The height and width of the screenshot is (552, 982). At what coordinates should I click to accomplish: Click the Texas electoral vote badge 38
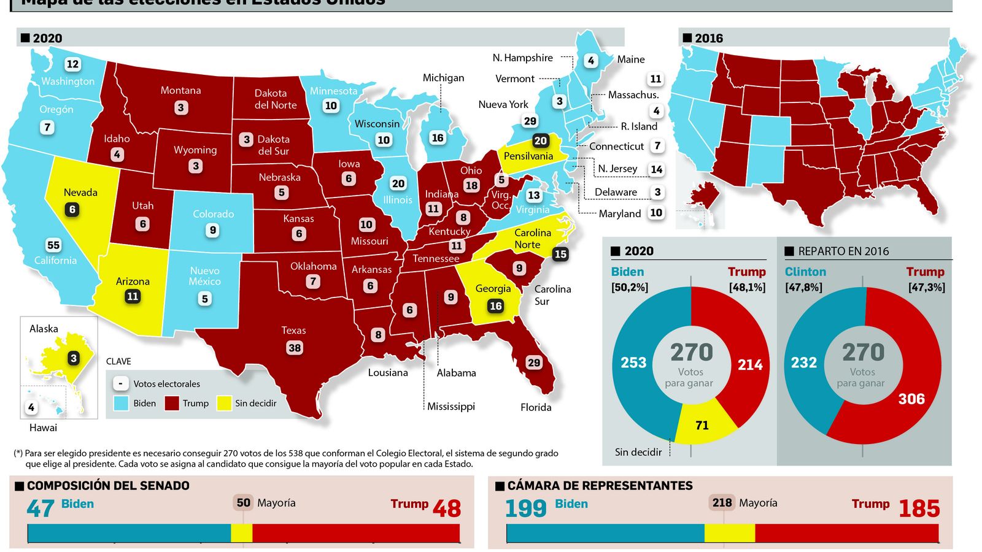[295, 348]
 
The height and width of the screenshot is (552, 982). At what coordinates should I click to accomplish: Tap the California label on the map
[55, 260]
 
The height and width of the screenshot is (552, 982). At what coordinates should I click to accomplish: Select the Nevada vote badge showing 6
[72, 209]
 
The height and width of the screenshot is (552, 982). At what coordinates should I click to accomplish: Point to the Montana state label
[180, 90]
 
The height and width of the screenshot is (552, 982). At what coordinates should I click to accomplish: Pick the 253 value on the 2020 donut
[633, 362]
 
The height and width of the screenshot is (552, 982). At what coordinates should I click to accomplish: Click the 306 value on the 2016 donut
[911, 399]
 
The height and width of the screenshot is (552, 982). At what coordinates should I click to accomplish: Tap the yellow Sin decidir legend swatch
[225, 403]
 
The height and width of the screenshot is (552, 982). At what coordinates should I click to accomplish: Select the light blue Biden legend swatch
[122, 403]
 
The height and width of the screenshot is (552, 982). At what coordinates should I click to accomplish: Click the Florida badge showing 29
[534, 362]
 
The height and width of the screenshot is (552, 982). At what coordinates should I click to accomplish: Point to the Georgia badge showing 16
[495, 305]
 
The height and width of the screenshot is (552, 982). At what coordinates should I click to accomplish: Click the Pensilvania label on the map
[528, 156]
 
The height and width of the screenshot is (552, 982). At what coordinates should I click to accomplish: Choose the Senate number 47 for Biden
[41, 508]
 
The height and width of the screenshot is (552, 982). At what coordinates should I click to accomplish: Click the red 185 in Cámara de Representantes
[919, 508]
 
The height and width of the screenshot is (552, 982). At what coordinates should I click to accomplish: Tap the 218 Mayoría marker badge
[722, 503]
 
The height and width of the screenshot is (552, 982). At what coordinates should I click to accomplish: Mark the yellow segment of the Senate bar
[241, 533]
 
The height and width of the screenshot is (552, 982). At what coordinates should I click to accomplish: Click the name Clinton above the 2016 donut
[805, 272]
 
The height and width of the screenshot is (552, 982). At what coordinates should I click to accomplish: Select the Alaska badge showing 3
[74, 358]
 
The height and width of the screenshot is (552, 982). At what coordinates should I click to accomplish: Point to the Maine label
[631, 59]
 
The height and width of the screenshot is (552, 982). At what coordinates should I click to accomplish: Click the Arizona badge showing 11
[133, 296]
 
